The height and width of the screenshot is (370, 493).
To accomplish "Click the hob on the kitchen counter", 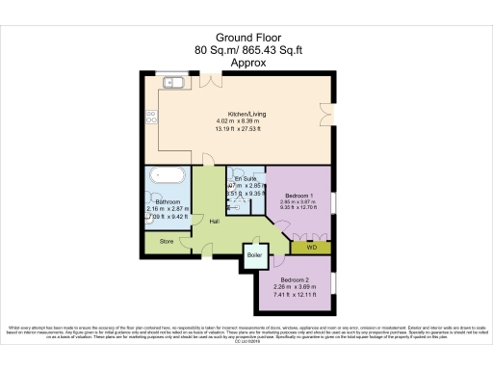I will point(150,119).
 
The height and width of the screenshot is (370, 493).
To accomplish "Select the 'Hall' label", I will point(213,220).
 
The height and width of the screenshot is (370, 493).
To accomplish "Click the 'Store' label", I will point(167,242).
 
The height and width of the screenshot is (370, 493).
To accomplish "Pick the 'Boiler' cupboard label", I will point(254,255).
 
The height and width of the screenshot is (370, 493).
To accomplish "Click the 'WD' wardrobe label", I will point(311,248).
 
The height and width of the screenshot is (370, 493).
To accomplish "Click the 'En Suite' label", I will point(245,179).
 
